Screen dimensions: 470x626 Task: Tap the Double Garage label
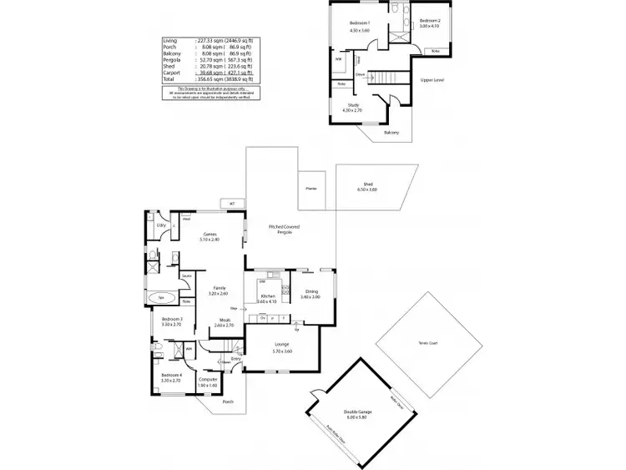tap(359, 412)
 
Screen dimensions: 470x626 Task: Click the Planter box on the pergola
tap(310, 189)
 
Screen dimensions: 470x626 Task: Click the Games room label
tap(210, 235)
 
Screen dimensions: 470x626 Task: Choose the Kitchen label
tap(267, 296)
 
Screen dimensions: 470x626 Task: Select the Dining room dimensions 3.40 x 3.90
tap(310, 296)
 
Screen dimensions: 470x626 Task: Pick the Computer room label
tap(208, 379)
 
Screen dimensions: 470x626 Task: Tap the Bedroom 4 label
tap(170, 375)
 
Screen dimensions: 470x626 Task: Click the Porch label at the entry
tap(228, 402)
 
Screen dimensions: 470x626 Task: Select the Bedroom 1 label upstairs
tap(359, 23)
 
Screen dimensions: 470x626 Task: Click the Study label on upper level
tap(353, 104)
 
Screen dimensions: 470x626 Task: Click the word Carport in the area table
tap(170, 73)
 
